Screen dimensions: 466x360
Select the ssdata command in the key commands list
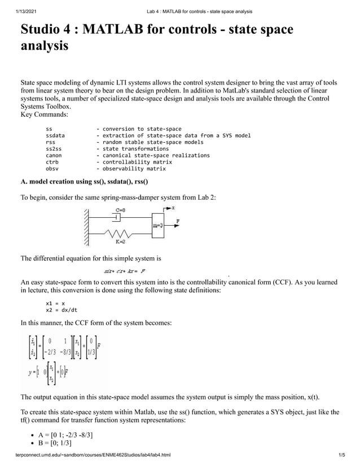[x=55, y=135]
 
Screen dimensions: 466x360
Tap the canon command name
[x=53, y=155]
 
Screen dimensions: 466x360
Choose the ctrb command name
[x=52, y=162]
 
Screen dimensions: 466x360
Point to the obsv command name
[x=52, y=168]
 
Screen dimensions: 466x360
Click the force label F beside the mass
[x=178, y=221]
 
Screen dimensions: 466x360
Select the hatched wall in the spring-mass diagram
[x=86, y=227]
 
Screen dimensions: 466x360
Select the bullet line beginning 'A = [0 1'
[x=65, y=434]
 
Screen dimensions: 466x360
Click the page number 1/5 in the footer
[x=341, y=455]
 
